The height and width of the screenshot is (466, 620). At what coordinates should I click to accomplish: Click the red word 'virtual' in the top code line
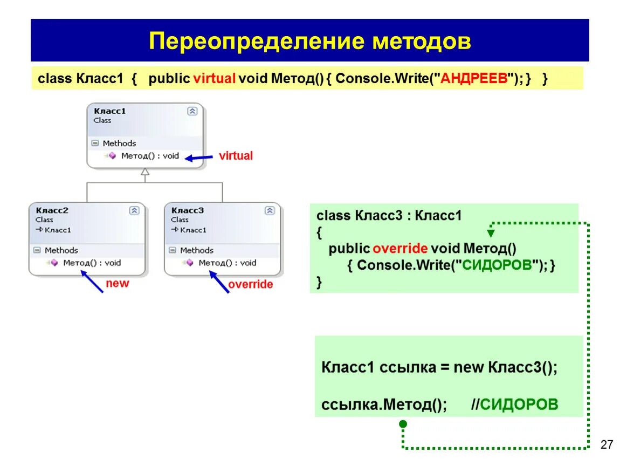(214, 78)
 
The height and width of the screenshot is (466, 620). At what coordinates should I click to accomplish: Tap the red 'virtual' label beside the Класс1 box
(236, 156)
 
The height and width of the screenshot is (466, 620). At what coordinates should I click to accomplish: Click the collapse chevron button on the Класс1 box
(192, 111)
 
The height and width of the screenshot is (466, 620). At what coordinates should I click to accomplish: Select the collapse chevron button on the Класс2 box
(134, 211)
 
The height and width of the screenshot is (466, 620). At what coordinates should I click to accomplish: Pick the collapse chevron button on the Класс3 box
(270, 211)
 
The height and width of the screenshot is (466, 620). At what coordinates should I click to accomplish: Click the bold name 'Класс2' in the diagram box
(52, 210)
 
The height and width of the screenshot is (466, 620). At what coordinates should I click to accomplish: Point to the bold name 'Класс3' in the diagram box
(187, 210)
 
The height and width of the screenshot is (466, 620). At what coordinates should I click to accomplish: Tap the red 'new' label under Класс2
(118, 283)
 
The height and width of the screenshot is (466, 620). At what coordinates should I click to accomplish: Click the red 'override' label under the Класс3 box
(250, 284)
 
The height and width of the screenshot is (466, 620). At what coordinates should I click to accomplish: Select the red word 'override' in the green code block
(400, 249)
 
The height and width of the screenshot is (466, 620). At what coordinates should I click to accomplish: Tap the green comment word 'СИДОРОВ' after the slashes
(519, 405)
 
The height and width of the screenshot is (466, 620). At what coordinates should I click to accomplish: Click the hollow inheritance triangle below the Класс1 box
(144, 173)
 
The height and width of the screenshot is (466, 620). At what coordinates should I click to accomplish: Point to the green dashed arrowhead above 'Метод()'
(491, 234)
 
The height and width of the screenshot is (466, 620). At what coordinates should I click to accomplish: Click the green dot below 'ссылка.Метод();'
(403, 424)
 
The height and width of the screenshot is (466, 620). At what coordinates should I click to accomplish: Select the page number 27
(607, 444)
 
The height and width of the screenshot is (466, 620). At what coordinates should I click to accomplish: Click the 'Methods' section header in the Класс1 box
(119, 143)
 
